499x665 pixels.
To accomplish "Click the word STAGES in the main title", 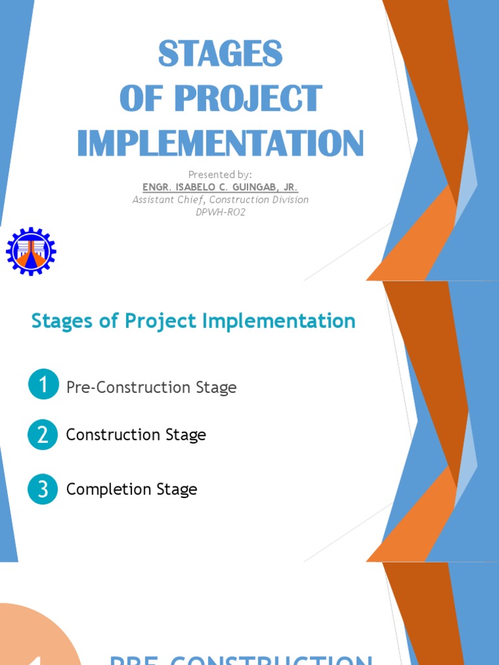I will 220,55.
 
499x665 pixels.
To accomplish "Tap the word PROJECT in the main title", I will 248,99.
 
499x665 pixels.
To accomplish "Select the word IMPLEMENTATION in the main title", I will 220,143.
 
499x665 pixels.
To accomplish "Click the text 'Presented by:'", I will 220,174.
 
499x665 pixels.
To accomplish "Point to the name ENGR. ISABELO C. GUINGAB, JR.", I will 220,187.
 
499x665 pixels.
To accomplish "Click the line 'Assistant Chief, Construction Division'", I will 220,199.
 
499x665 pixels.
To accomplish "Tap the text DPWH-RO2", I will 220,212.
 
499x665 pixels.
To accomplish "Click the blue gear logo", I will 31,251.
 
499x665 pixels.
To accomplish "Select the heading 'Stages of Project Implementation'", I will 194,321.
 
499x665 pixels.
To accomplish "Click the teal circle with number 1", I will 44,384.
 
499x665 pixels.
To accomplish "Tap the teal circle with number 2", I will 44,434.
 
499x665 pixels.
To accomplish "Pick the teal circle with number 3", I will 44,489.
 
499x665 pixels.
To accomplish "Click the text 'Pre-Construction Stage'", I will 151,388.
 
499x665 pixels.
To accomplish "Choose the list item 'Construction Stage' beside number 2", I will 136,435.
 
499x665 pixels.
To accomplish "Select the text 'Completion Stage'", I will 131,490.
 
